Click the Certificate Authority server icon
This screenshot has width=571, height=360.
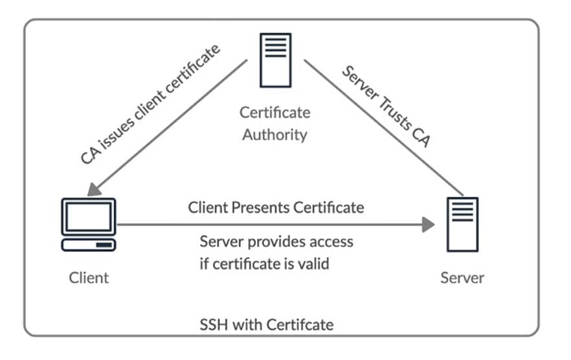coord(275,60)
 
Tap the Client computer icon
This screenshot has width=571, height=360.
coord(89,224)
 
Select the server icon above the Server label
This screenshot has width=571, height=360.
coord(462,224)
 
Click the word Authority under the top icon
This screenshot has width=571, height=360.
coord(275,135)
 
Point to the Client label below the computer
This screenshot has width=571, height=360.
coord(89,278)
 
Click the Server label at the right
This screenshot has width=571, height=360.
coord(462,278)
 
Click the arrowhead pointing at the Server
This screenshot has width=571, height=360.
coord(428,225)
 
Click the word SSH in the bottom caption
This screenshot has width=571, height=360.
coord(214,324)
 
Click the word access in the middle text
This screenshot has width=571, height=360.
coord(330,242)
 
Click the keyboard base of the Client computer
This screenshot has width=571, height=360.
coord(89,245)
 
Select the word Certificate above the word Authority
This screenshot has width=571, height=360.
coord(275,113)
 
